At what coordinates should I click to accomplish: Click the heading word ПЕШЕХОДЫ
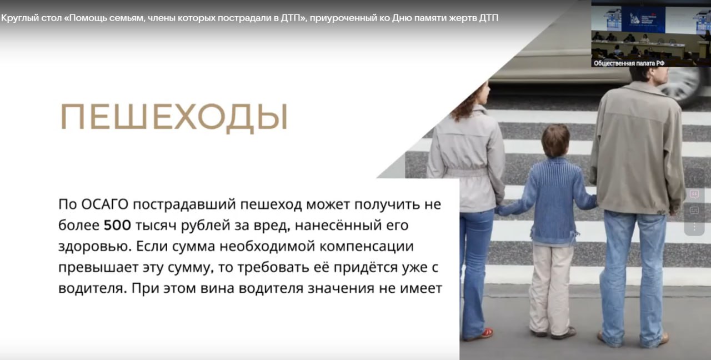(x=173, y=117)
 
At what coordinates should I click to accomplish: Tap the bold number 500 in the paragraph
(x=117, y=226)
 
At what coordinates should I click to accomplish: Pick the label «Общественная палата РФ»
(x=629, y=63)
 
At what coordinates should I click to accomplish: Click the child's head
(x=555, y=140)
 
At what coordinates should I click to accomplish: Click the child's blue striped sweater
(x=555, y=194)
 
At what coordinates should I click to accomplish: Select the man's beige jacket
(x=639, y=150)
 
